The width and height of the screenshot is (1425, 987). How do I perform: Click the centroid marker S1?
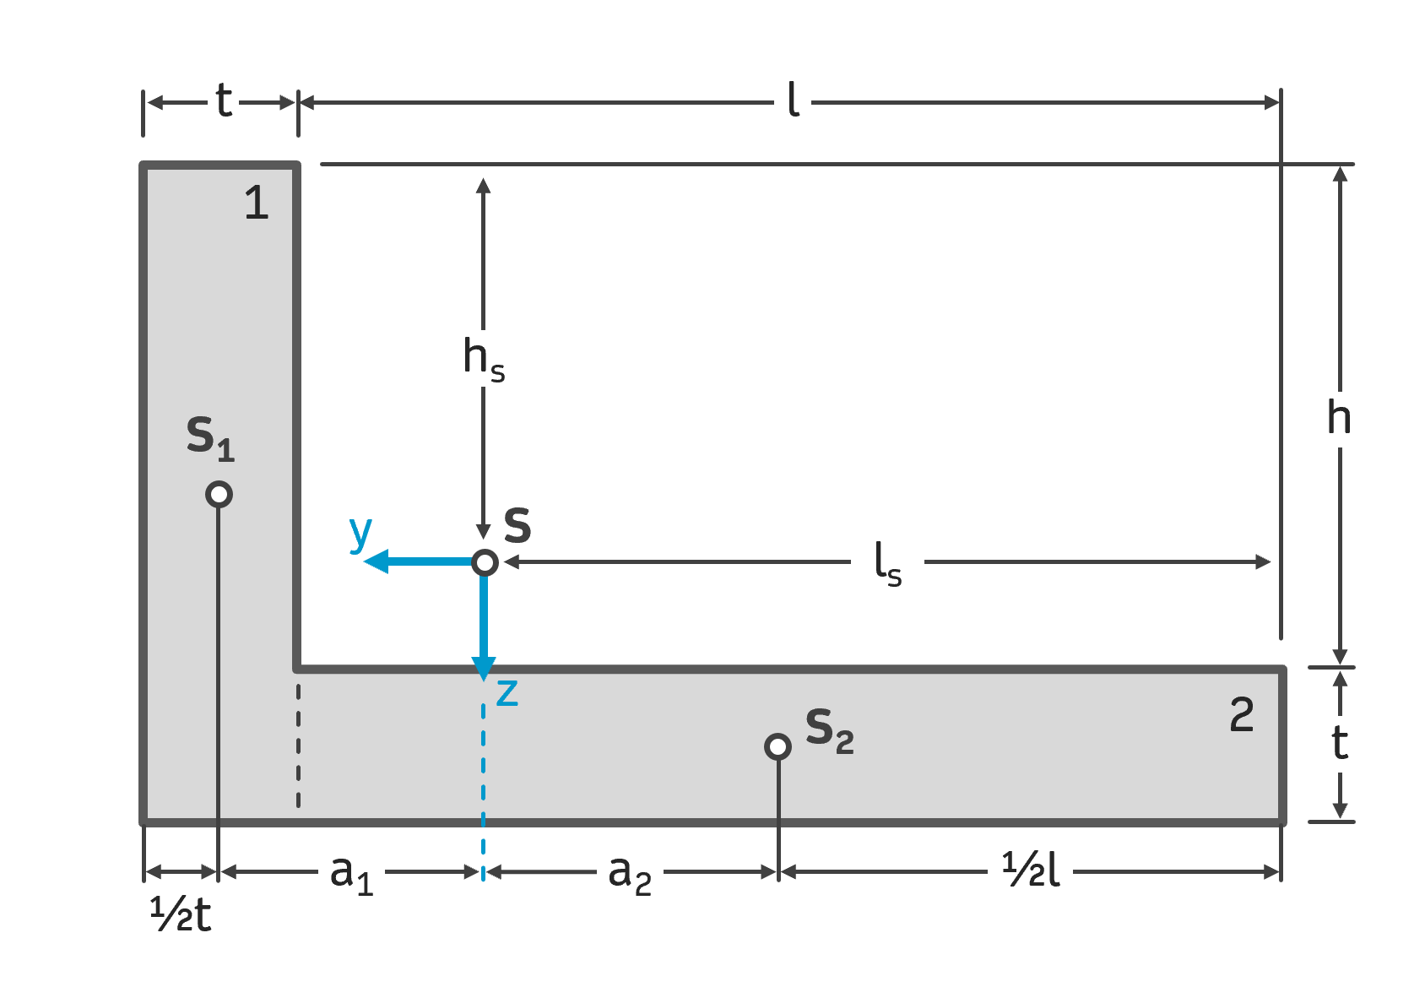(219, 494)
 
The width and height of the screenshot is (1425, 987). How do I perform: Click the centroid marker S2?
(778, 746)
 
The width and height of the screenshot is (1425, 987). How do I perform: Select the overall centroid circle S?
(485, 562)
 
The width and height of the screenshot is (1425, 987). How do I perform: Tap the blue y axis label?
(360, 532)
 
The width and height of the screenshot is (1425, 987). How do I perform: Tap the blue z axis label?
(507, 692)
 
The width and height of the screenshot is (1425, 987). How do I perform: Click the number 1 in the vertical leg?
(256, 203)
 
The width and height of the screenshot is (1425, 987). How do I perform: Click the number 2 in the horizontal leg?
(1241, 715)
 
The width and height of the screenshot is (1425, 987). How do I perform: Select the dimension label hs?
(484, 358)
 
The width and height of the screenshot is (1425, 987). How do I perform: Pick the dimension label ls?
(887, 563)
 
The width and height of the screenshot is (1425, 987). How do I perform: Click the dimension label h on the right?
(1339, 417)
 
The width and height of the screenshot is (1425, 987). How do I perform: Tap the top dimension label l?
(793, 100)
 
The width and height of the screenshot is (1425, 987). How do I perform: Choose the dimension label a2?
(630, 873)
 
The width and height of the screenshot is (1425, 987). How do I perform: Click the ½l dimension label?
(1031, 870)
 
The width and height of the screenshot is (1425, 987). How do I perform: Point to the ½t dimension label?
(181, 914)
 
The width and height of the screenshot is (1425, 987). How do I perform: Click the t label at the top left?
(223, 100)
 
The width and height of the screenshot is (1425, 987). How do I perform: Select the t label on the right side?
(1339, 743)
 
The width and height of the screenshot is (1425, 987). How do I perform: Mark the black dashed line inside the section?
(299, 743)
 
